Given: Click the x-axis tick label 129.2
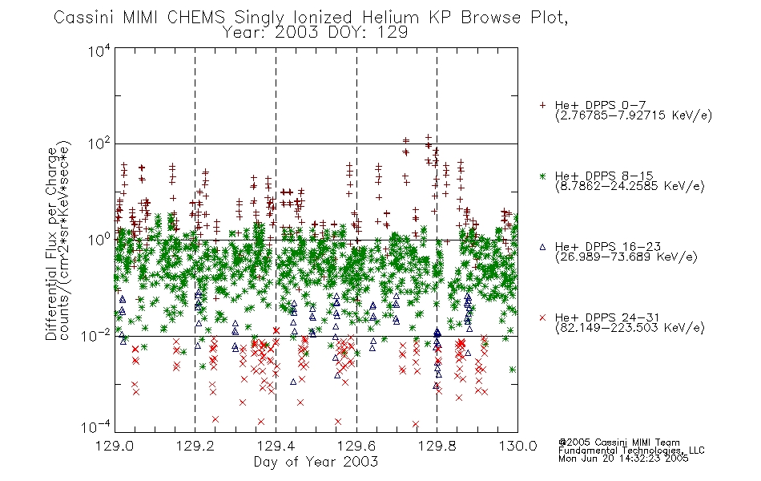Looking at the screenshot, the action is pos(195,446).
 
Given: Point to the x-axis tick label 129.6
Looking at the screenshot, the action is pos(356,446).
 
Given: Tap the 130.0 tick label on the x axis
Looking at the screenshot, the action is pos(517,446).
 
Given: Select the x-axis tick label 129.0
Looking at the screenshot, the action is pos(115,446).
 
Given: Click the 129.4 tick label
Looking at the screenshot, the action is pos(276,446).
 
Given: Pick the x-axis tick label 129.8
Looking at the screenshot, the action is pos(437,446).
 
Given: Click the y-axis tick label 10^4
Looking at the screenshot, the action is pos(99,51).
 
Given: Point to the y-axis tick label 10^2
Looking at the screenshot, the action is pos(99,143).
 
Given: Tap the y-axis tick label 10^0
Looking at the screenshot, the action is pos(99,240).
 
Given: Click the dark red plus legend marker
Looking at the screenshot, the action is pos(542,105).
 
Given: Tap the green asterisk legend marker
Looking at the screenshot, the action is pos(542,176).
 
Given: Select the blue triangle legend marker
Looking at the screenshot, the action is pos(542,247).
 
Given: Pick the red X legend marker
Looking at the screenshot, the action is pos(542,317).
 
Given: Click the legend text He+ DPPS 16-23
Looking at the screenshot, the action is pos(608,247).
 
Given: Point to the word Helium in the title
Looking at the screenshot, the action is pos(390,18).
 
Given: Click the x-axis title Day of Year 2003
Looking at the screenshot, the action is pos(316,462).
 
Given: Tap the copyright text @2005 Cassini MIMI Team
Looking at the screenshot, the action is pos(618,443).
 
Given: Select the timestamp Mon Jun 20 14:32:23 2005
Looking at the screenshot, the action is pos(623,459).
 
